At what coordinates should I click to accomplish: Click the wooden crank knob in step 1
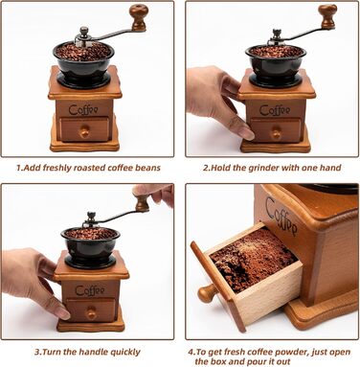(x=139, y=17)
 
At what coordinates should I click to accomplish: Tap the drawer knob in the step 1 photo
(x=84, y=131)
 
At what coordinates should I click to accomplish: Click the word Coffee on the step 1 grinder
(x=83, y=109)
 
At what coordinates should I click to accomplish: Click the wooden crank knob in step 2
(x=327, y=16)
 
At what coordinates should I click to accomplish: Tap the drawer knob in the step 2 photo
(x=276, y=133)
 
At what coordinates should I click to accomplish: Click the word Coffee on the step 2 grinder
(x=275, y=110)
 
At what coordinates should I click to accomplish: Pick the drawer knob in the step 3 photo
(x=91, y=312)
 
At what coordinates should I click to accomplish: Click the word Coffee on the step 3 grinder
(x=90, y=290)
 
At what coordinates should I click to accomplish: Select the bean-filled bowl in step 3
(x=91, y=243)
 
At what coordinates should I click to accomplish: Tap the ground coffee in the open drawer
(x=254, y=256)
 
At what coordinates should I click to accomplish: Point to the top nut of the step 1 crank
(x=84, y=32)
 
